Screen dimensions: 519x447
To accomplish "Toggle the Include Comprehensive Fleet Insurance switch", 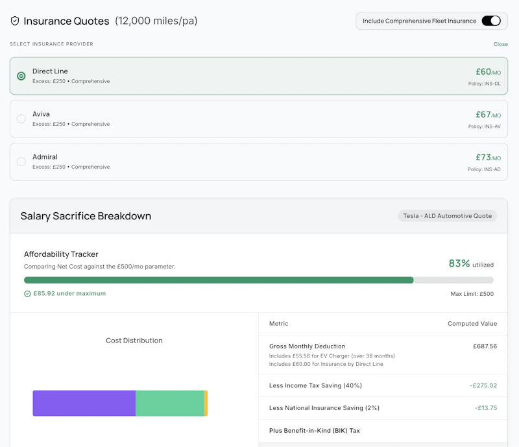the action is point(491,21).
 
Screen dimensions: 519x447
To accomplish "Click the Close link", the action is point(500,44).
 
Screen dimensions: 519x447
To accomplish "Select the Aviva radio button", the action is point(21,119).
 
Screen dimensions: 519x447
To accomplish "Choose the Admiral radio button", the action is point(21,162).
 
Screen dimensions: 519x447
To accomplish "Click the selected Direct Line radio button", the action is point(21,76).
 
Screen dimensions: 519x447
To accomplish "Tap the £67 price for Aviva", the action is point(489,115).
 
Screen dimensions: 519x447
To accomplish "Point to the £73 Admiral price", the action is point(489,157).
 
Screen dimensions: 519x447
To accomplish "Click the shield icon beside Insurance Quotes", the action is point(15,21).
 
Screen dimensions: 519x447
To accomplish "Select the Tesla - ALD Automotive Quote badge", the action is point(448,216).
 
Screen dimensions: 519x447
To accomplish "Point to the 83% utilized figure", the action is point(471,263).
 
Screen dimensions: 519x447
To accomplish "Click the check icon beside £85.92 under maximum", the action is point(27,294).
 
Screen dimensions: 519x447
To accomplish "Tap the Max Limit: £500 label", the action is point(472,294).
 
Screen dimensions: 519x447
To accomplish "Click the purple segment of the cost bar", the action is point(84,404).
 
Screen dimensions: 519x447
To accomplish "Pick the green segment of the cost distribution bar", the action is point(170,404).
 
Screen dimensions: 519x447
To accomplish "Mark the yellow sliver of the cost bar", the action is point(206,404).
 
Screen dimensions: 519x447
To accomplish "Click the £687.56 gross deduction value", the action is point(485,346).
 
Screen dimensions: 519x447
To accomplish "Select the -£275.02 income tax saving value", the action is point(483,385).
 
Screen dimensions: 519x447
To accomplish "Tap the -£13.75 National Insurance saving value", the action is point(486,408).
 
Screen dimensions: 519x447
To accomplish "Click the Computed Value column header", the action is point(472,324).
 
